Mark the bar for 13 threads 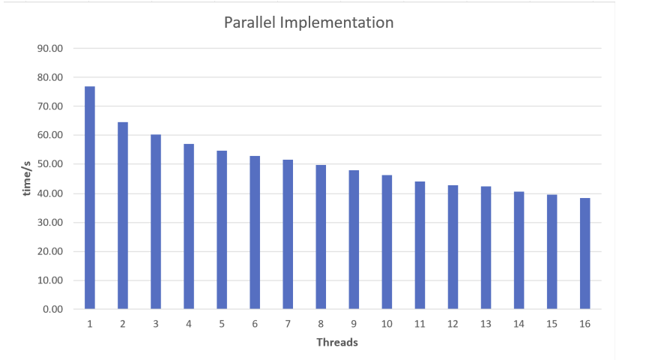486,247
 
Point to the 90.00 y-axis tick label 50,49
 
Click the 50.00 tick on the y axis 50,164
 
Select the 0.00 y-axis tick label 52,309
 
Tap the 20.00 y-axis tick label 50,251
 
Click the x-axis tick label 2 123,324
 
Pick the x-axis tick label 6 255,324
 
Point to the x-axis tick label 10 387,324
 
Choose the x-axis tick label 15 552,324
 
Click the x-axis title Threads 337,343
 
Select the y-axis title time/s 27,178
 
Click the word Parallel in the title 250,22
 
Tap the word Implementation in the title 336,22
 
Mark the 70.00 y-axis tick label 50,106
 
